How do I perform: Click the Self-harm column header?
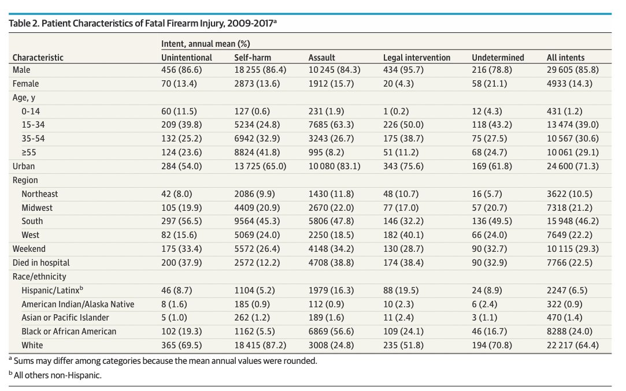coord(253,57)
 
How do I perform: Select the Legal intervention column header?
coord(416,57)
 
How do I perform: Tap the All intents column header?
coord(565,57)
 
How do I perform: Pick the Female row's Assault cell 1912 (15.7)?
coord(330,84)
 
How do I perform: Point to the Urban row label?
coord(24,166)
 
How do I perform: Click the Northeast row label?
coord(40,194)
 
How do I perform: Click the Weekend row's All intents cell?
coord(572,249)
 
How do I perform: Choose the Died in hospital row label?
coord(41,263)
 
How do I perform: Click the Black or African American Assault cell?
coord(332,332)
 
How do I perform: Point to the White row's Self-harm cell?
coord(260,345)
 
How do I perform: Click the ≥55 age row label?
coord(29,152)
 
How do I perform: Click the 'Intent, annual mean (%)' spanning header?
coord(205,44)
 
